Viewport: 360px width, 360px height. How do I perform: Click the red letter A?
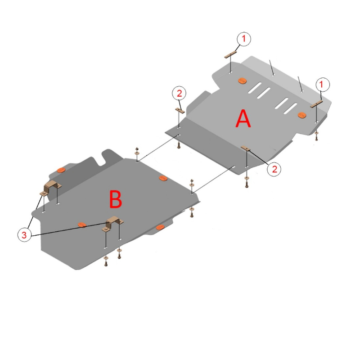pyautogui.click(x=243, y=118)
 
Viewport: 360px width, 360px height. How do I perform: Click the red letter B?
pyautogui.click(x=116, y=199)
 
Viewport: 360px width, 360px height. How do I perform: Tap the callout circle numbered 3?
pyautogui.click(x=24, y=234)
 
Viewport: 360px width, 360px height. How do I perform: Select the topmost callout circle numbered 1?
pyautogui.click(x=243, y=39)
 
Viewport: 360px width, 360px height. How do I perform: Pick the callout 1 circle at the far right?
pyautogui.click(x=322, y=85)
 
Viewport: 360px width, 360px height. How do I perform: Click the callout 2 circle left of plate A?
pyautogui.click(x=179, y=93)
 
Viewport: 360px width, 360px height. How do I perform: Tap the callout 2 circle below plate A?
pyautogui.click(x=274, y=169)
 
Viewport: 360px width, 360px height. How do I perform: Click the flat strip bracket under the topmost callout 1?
pyautogui.click(x=230, y=55)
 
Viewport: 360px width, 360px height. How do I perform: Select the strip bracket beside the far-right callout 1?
pyautogui.click(x=317, y=104)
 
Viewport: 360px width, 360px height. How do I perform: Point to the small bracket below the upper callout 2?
pyautogui.click(x=180, y=110)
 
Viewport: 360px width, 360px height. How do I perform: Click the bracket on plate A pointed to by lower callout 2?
pyautogui.click(x=246, y=148)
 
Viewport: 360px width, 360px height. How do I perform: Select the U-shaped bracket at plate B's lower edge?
pyautogui.click(x=113, y=223)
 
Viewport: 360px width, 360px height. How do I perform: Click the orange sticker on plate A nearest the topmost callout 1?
pyautogui.click(x=242, y=81)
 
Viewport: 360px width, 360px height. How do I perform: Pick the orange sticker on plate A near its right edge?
pyautogui.click(x=302, y=115)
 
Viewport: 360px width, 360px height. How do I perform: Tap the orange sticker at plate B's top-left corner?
pyautogui.click(x=61, y=170)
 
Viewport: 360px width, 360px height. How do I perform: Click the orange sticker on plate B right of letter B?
pyautogui.click(x=163, y=178)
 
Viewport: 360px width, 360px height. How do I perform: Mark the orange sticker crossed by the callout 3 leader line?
pyautogui.click(x=82, y=225)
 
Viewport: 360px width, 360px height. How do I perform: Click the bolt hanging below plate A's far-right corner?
pyautogui.click(x=317, y=136)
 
